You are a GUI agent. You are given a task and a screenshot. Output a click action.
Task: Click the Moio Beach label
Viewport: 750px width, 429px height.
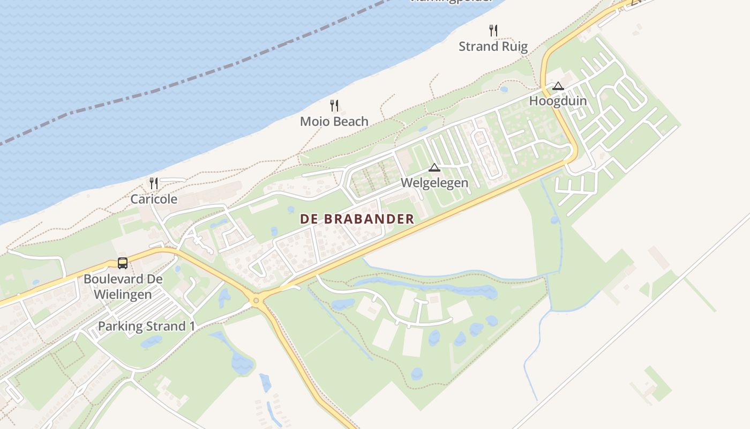334,122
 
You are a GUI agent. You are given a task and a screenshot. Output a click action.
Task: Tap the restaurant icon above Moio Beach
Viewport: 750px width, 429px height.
334,105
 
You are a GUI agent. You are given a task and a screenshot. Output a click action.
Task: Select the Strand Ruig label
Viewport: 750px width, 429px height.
493,47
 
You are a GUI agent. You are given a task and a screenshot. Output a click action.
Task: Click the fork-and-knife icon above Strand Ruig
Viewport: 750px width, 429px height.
493,30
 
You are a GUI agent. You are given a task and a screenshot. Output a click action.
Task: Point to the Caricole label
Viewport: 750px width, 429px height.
154,199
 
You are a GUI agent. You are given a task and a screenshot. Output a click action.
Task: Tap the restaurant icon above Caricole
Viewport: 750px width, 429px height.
154,183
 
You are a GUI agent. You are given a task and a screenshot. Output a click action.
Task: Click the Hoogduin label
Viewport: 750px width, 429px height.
558,101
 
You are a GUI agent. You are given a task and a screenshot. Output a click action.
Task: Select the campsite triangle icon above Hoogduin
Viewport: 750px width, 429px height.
558,86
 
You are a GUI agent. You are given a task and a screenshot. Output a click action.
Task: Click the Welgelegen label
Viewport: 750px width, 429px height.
434,183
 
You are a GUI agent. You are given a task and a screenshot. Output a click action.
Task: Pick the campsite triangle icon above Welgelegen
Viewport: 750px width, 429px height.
434,167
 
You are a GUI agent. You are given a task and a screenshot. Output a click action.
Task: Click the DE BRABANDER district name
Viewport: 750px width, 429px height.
357,219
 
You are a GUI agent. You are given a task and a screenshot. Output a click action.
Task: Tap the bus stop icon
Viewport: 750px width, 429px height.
123,263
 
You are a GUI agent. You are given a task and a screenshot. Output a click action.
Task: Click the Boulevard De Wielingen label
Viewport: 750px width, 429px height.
123,287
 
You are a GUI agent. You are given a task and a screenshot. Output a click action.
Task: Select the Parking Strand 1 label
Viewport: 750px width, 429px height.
146,326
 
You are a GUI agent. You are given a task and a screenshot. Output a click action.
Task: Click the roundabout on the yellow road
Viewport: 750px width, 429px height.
256,300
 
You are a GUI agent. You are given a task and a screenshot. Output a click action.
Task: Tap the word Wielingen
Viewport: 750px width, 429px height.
123,294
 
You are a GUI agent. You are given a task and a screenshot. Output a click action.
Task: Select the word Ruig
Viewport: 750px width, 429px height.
515,47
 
